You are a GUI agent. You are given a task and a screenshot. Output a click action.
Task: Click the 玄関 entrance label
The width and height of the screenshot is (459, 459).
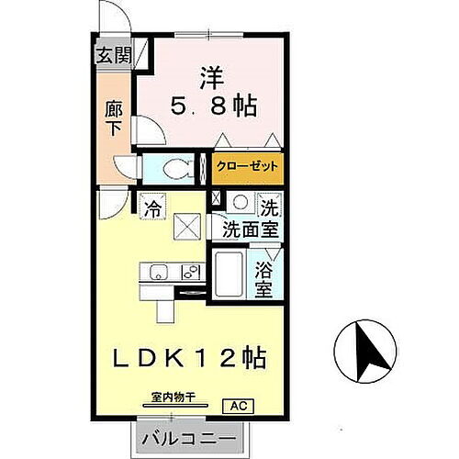(115, 54)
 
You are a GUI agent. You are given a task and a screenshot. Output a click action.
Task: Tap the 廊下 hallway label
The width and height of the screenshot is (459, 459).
(115, 118)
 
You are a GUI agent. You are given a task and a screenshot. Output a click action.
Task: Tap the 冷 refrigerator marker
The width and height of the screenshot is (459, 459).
(153, 208)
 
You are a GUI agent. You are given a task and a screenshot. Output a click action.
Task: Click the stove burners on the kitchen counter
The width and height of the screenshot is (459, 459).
(191, 272)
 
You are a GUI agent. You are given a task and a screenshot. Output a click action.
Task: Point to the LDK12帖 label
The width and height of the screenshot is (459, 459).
(192, 358)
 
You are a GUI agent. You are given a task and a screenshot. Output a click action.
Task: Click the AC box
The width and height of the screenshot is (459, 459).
(236, 405)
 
